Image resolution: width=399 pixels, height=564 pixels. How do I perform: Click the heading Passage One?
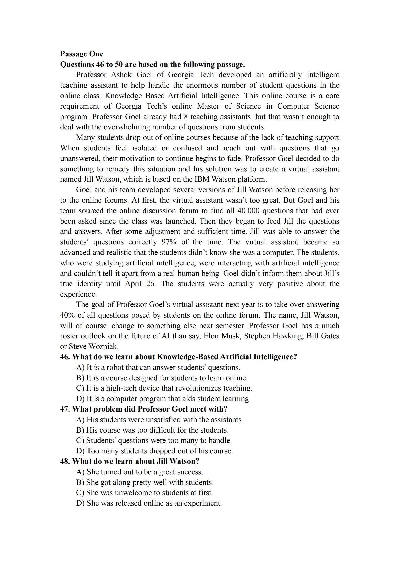[81, 54]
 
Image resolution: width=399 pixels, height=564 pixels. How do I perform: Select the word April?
[133, 284]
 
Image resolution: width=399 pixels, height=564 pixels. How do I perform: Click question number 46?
[65, 357]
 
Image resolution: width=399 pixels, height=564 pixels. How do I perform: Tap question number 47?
[65, 409]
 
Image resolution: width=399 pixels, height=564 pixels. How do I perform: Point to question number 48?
[65, 461]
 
